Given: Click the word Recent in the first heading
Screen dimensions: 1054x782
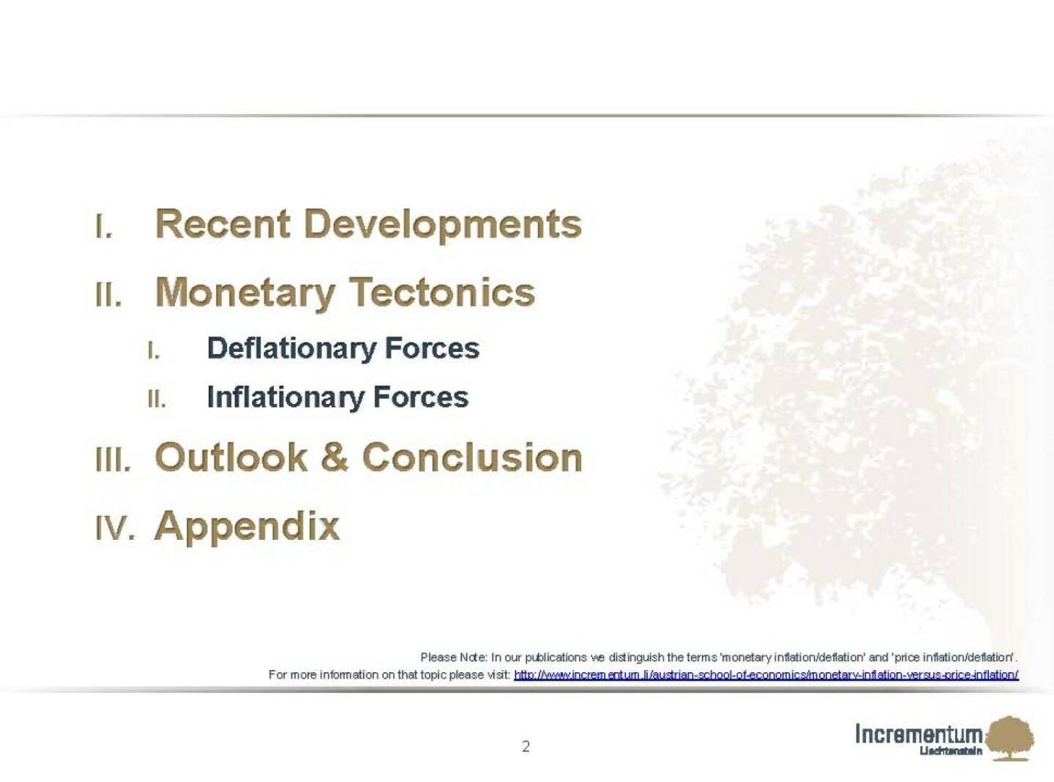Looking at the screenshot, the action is pyautogui.click(x=223, y=225).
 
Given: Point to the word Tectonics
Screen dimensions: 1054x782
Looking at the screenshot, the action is pyautogui.click(x=442, y=292).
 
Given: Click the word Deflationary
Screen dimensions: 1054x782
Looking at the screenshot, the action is pyautogui.click(x=291, y=349).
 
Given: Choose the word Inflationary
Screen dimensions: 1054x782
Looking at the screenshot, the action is pyautogui.click(x=285, y=398).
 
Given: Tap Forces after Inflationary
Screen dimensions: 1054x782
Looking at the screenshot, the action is pyautogui.click(x=421, y=397).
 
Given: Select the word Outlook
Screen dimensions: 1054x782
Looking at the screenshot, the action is pyautogui.click(x=231, y=457).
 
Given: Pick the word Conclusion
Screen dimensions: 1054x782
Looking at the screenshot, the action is pyautogui.click(x=472, y=457).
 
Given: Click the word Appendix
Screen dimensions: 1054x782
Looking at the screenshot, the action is pyautogui.click(x=247, y=528).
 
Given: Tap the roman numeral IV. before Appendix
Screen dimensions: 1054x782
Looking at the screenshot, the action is pyautogui.click(x=114, y=528).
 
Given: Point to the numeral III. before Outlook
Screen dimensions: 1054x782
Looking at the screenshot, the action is pyautogui.click(x=112, y=459).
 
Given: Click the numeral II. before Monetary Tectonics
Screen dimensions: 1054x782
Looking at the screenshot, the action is pyautogui.click(x=108, y=295).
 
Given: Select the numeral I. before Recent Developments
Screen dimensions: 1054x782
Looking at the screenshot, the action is pyautogui.click(x=104, y=226).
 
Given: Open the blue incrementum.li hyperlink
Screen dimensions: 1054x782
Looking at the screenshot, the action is pyautogui.click(x=766, y=675).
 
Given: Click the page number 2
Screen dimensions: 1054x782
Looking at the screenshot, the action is pyautogui.click(x=526, y=746).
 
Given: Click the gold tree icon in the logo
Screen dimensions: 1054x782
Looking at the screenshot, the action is pyautogui.click(x=1010, y=739).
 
